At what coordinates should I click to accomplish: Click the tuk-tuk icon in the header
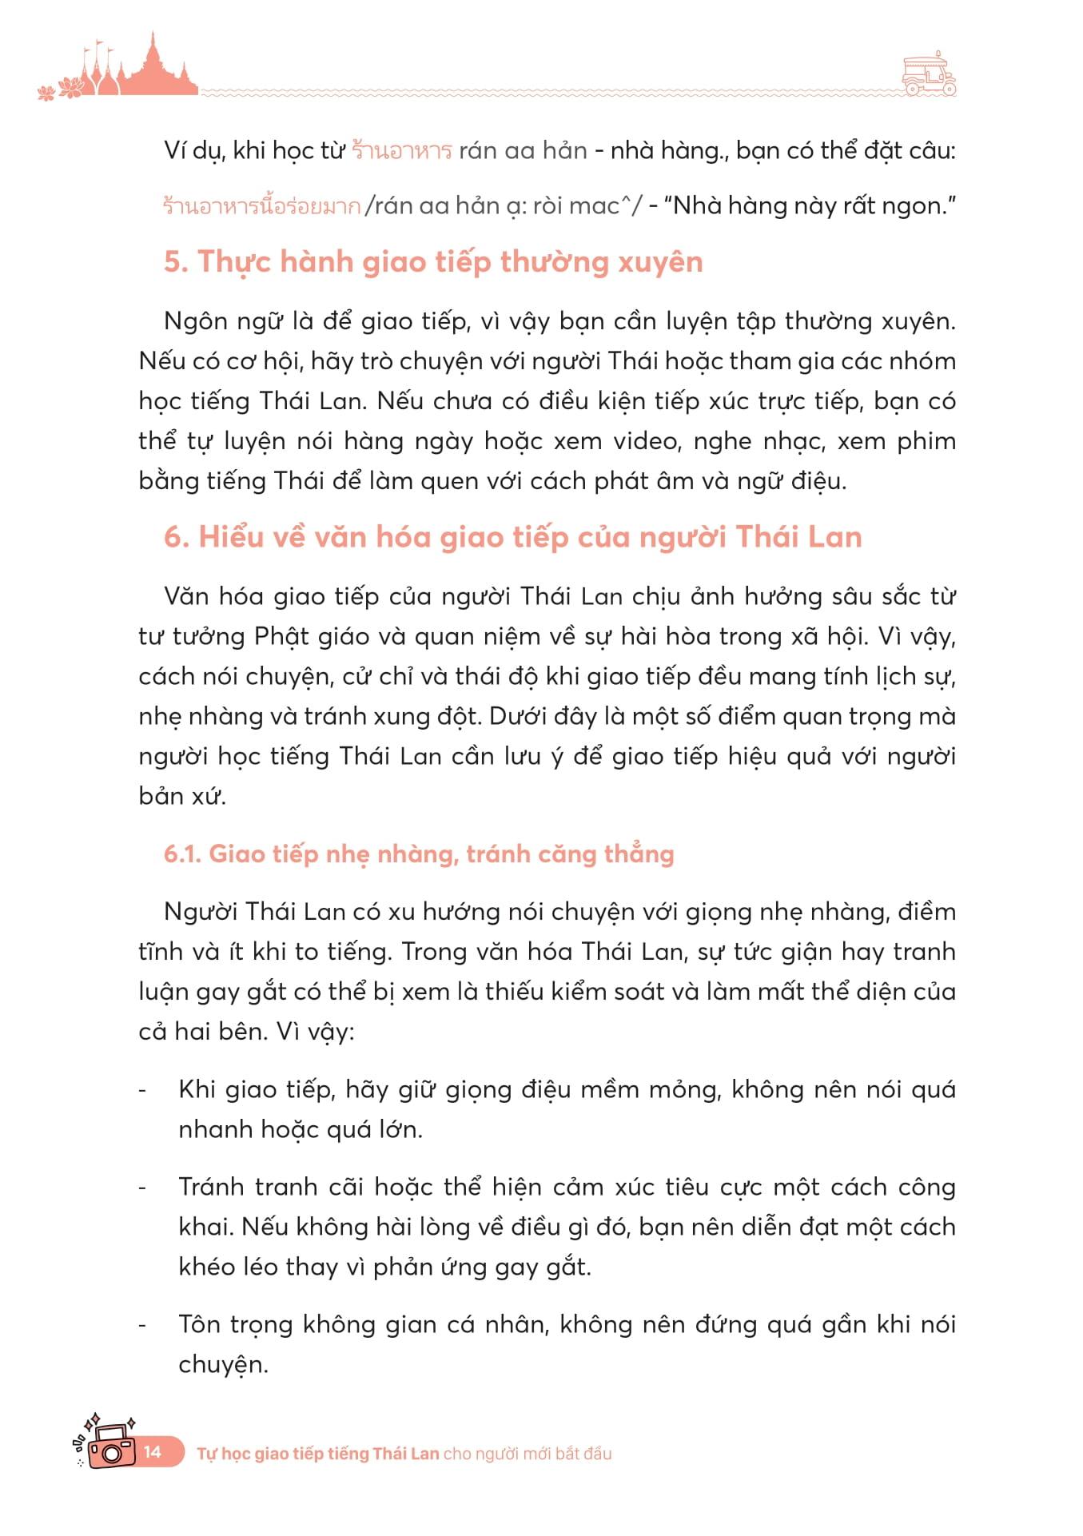point(928,76)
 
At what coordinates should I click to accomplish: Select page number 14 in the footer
point(153,1451)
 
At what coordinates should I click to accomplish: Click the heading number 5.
point(175,262)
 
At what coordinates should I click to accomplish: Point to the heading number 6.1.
point(182,854)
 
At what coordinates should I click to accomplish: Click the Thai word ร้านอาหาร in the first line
point(401,150)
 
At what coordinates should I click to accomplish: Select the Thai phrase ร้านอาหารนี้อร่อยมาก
point(261,206)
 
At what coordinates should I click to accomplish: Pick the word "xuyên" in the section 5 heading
point(660,262)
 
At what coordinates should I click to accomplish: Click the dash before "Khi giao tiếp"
point(143,1089)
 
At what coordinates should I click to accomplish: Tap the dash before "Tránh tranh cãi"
point(143,1187)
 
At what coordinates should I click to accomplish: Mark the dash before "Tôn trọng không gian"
point(143,1324)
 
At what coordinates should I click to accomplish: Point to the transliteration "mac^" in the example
point(599,206)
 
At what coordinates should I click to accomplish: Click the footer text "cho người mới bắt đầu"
point(528,1453)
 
